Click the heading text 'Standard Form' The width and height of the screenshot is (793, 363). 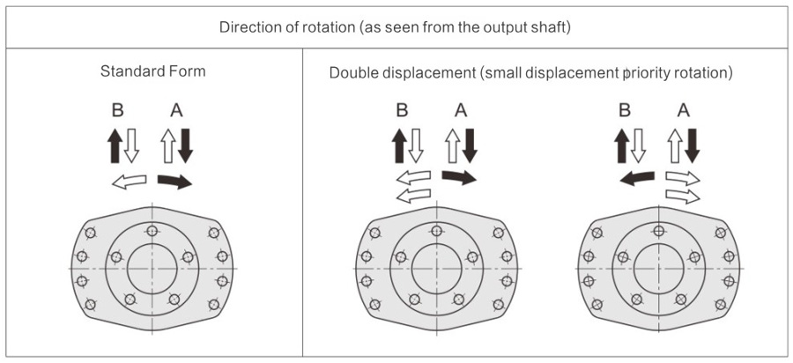(x=152, y=70)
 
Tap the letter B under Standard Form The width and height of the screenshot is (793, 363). (x=118, y=111)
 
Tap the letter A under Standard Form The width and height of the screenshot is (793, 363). (x=176, y=111)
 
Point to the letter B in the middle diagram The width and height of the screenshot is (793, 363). (x=402, y=111)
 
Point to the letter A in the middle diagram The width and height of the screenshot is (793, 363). (x=460, y=111)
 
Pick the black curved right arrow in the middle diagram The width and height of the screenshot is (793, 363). (x=458, y=178)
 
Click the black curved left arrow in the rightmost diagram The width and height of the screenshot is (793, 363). (x=636, y=178)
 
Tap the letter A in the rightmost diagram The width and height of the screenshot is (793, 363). (x=683, y=111)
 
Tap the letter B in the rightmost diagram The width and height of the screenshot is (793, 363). (x=625, y=111)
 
